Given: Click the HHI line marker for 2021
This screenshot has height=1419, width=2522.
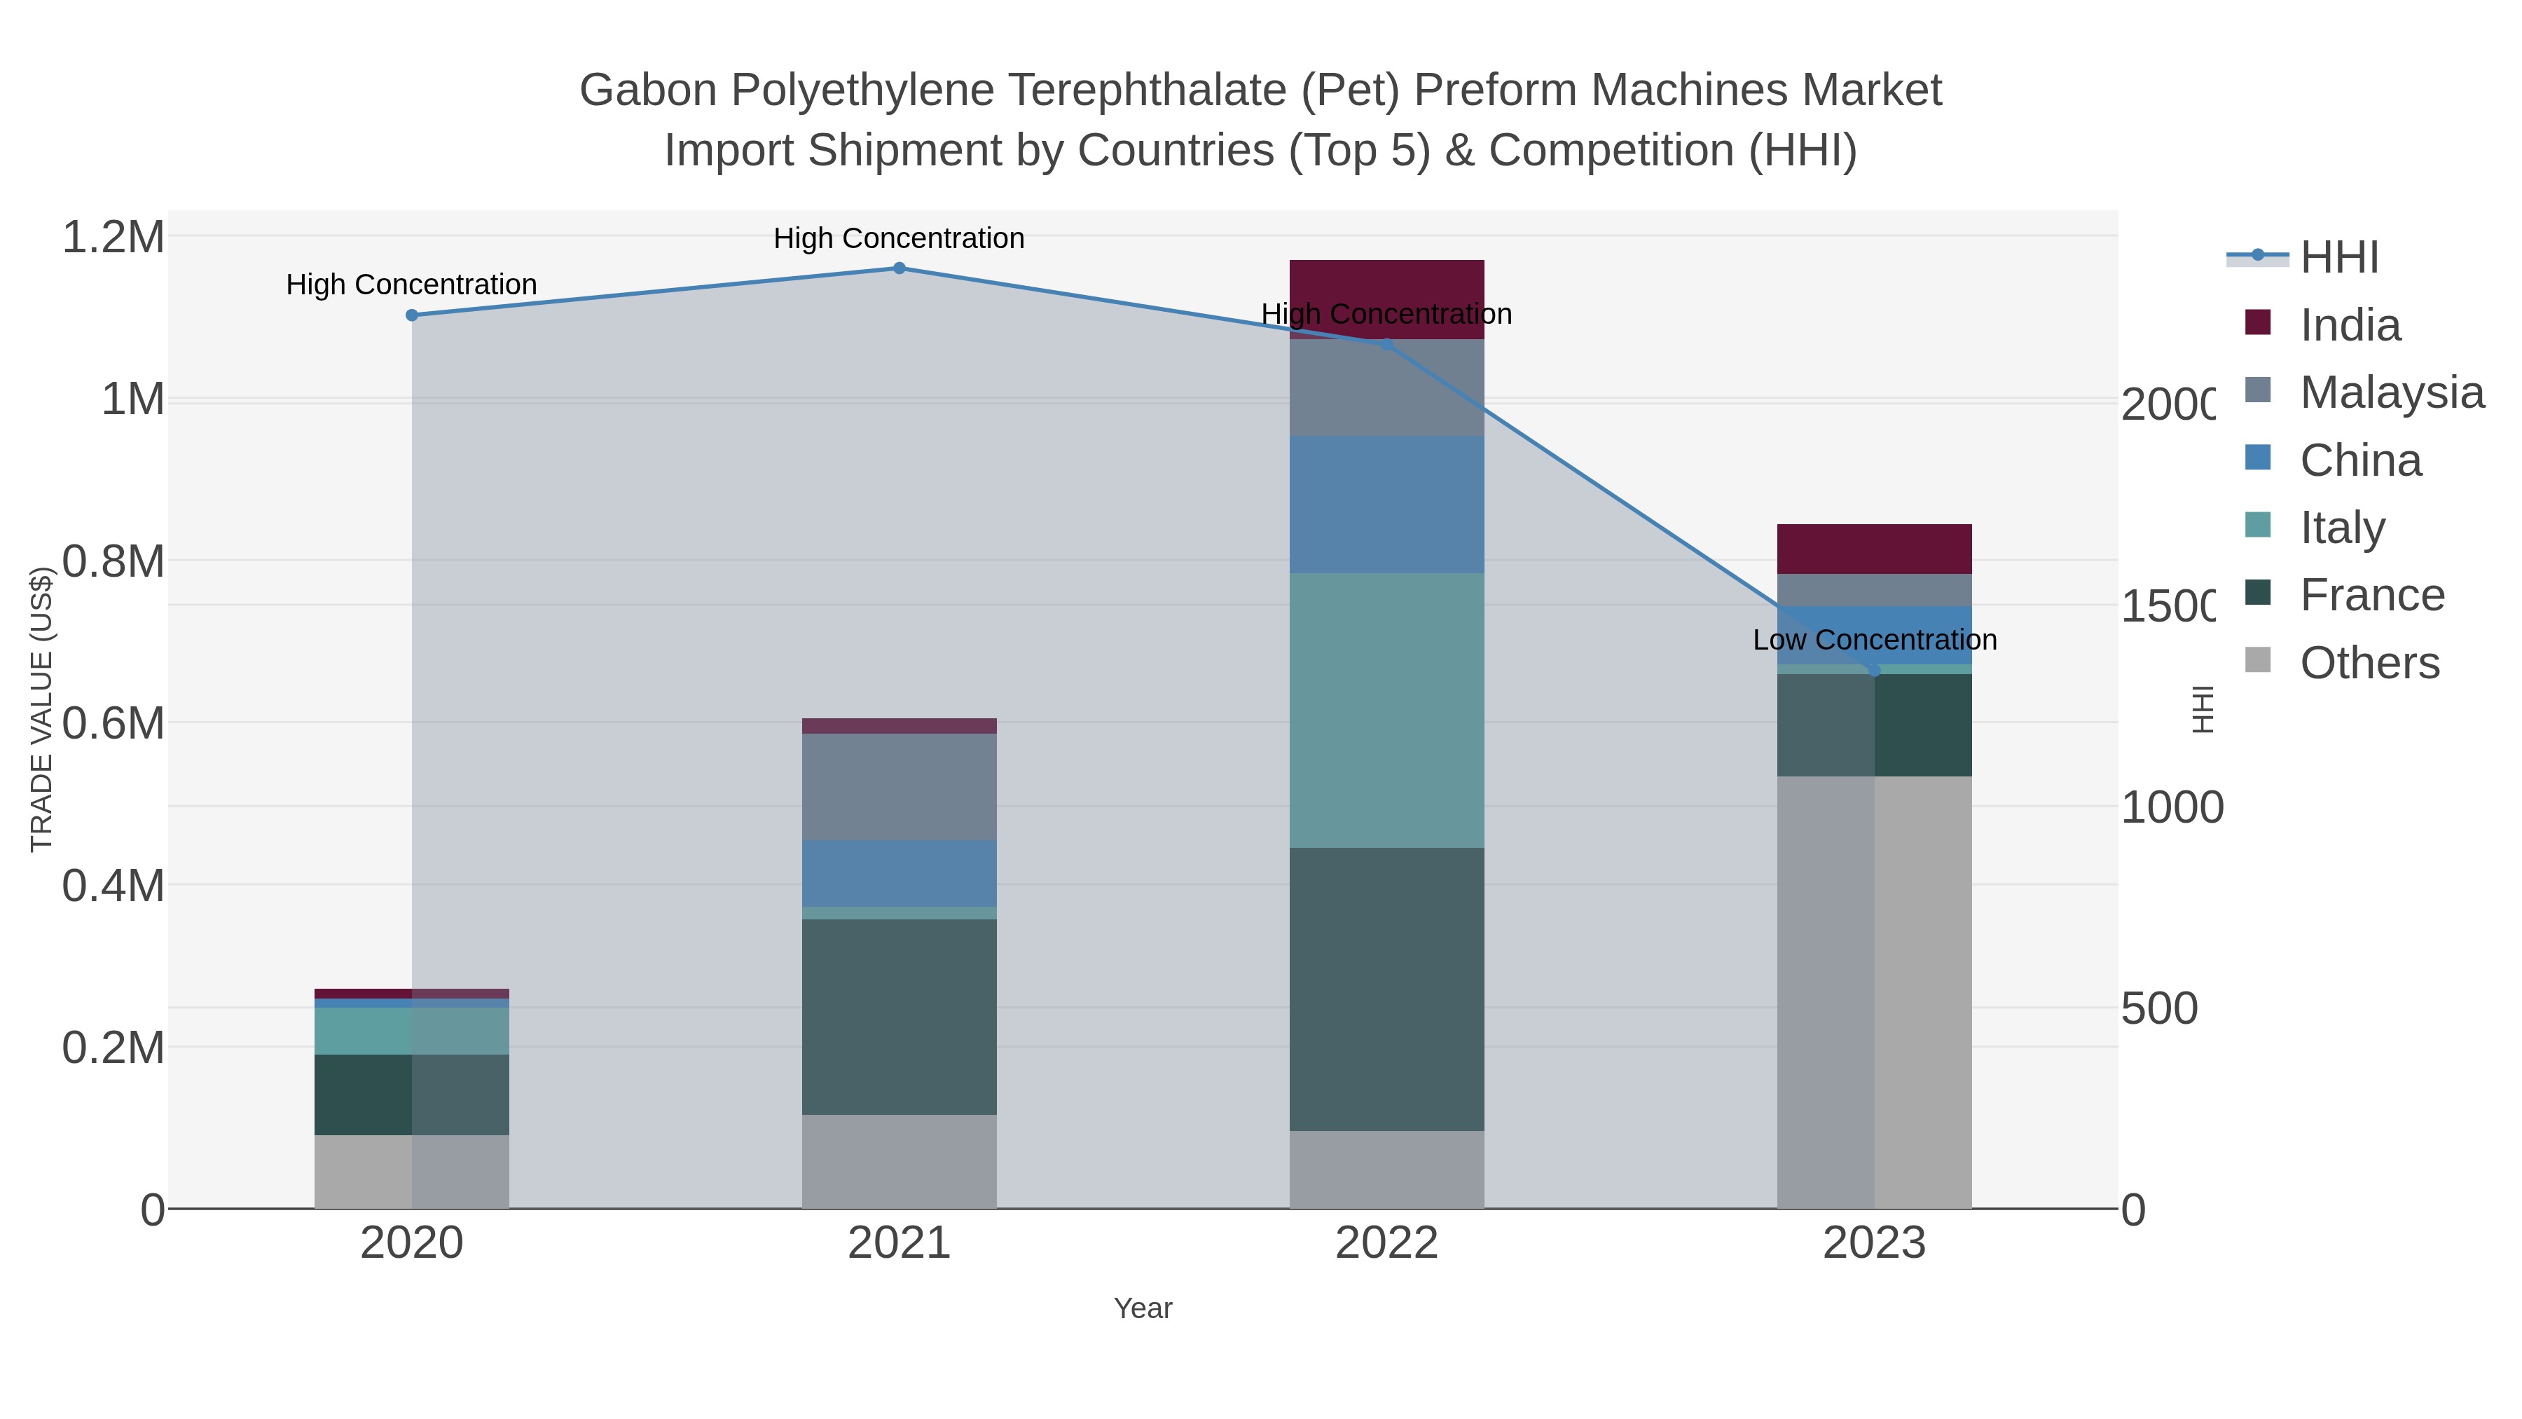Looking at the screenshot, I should (899, 268).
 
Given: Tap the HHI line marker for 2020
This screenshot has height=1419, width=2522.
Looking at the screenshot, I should (412, 315).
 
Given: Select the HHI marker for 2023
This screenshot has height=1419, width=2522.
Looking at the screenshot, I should (1874, 671).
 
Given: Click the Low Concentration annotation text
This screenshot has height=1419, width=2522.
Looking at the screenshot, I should (1874, 640).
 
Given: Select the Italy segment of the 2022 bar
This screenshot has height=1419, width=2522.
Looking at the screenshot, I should (1386, 710).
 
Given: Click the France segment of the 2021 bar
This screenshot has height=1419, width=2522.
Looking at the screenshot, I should (899, 1017).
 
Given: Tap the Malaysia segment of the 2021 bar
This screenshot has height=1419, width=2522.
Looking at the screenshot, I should (899, 786).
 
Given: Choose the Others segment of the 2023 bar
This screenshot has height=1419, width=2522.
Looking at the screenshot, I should (1874, 991).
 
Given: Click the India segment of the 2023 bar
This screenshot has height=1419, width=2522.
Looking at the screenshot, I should (1874, 549).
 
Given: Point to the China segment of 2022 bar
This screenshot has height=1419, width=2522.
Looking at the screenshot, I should (1386, 505).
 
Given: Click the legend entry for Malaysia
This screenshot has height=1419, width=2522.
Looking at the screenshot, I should (2391, 392).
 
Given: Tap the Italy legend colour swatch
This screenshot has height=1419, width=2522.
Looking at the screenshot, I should (2258, 525).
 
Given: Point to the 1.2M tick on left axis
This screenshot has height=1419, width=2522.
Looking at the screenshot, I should (113, 237).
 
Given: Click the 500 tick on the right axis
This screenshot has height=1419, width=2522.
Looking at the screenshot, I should (2159, 1008).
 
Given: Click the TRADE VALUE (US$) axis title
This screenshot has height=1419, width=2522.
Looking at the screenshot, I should (41, 709).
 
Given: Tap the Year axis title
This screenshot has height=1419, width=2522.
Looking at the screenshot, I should (1143, 1308).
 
